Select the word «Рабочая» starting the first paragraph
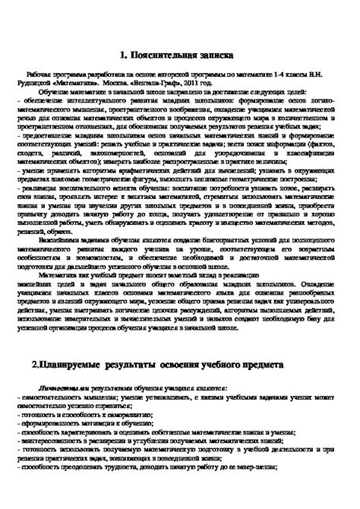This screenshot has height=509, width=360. [39, 77]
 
